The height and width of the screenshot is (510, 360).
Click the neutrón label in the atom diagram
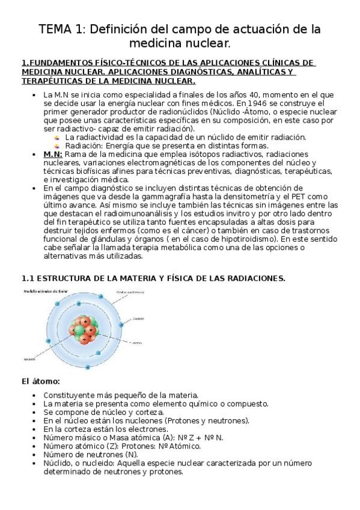pyautogui.click(x=29, y=360)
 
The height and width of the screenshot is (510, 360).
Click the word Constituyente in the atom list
pyautogui.click(x=69, y=395)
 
